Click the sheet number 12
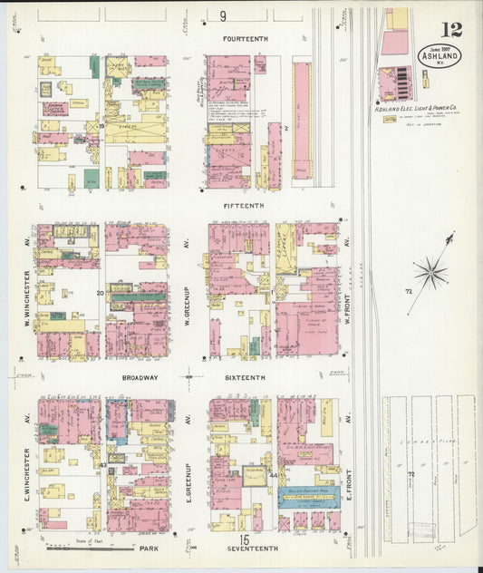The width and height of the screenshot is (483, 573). coord(451,29)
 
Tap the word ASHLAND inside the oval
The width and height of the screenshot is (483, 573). coord(440,56)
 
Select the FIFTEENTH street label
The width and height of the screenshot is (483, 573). coord(245,206)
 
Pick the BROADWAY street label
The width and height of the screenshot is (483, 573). coord(140,377)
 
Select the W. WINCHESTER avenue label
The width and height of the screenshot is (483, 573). coord(28,297)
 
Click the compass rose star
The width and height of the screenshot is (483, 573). coord(430,272)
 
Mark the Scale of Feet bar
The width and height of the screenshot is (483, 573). coord(76,548)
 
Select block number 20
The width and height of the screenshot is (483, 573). coord(101,293)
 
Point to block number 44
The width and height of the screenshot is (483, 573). coord(273,475)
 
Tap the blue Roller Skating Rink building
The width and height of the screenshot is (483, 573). coord(307,494)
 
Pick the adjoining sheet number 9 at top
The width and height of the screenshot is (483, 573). coord(223,16)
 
